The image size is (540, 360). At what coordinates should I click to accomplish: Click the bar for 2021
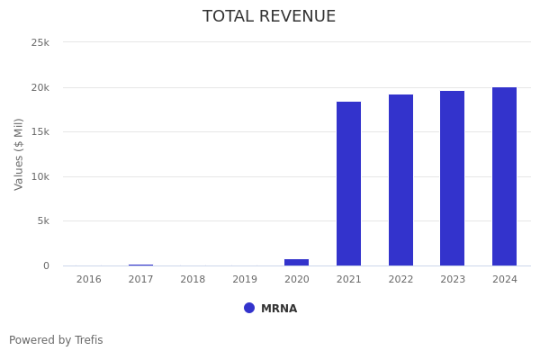pos(348,184)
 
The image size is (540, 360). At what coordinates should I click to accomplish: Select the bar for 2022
pos(400,180)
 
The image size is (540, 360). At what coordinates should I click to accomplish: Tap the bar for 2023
pos(452,178)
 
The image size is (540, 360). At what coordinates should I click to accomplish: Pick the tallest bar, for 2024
pos(504,176)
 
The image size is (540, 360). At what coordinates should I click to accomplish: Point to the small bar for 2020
pos(296,262)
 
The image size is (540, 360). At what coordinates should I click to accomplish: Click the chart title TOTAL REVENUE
pos(269,17)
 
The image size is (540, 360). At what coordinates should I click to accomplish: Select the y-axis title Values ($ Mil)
pos(19,154)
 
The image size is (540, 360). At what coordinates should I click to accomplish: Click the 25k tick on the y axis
pos(40,42)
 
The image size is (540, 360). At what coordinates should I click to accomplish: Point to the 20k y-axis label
pos(40,87)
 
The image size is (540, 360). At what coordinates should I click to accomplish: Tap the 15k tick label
pos(40,131)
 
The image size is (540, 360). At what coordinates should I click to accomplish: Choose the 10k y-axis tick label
pos(40,176)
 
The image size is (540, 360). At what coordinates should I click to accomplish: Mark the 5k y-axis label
pos(42,220)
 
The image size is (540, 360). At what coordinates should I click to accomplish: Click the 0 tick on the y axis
pos(46,265)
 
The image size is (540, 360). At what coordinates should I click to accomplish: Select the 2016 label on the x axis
pos(88,280)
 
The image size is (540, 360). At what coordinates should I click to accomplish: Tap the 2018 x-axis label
pos(193,280)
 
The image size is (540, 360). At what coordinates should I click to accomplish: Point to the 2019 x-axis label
pos(245,280)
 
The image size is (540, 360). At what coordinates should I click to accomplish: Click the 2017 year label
pos(140,280)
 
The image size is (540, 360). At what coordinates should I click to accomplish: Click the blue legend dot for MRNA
pos(249,308)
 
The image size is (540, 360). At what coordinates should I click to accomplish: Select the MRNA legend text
pos(279,309)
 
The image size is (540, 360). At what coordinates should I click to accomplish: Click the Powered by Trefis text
pos(56,340)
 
